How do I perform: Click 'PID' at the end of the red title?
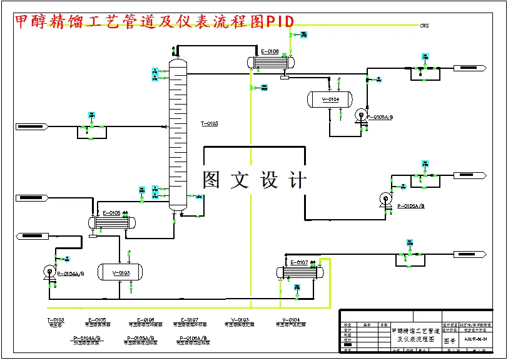[x=280, y=21]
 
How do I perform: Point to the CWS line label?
[x=425, y=26]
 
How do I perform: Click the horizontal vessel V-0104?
[x=330, y=99]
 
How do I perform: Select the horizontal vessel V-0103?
[x=119, y=272]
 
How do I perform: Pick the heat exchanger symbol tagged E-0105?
[x=112, y=222]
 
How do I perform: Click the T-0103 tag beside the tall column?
[x=210, y=124]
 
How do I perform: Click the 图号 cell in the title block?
[x=450, y=341]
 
